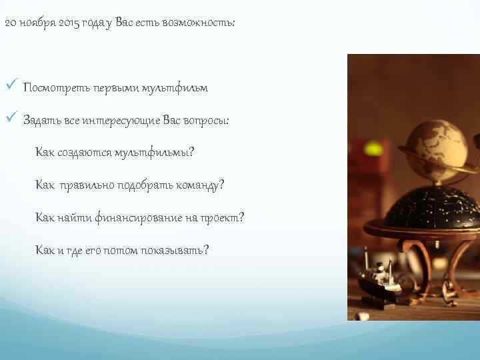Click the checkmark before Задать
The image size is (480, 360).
[9, 120]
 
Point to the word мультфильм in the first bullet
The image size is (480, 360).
[174, 88]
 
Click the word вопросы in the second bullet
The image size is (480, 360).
[207, 121]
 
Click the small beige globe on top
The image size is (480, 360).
[437, 144]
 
